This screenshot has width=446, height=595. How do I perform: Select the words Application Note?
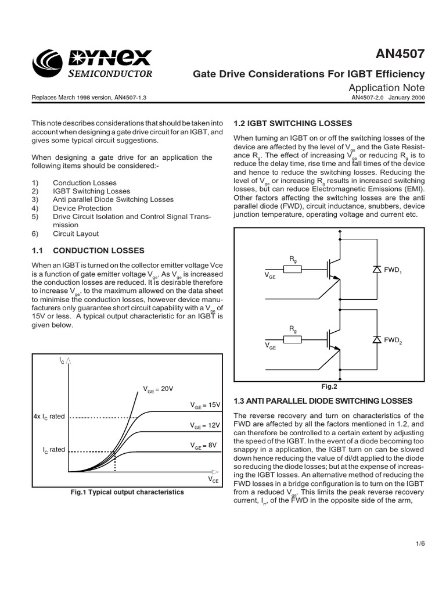pyautogui.click(x=387, y=87)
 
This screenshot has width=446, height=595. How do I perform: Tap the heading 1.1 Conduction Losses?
pyautogui.click(x=87, y=250)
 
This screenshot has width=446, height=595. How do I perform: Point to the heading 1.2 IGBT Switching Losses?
pyautogui.click(x=293, y=123)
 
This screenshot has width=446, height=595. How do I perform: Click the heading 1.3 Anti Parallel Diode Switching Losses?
pyautogui.click(x=322, y=401)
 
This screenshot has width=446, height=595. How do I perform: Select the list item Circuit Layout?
pyautogui.click(x=75, y=234)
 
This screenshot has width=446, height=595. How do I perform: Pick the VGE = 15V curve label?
pyautogui.click(x=206, y=404)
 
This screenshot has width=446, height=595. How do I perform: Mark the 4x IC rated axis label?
pyautogui.click(x=49, y=417)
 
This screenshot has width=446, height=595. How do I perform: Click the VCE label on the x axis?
pyautogui.click(x=213, y=479)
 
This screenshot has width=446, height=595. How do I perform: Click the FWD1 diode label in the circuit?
pyautogui.click(x=391, y=271)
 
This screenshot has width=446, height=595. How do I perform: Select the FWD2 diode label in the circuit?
pyautogui.click(x=391, y=341)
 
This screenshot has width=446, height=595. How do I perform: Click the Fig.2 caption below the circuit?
pyautogui.click(x=329, y=385)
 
